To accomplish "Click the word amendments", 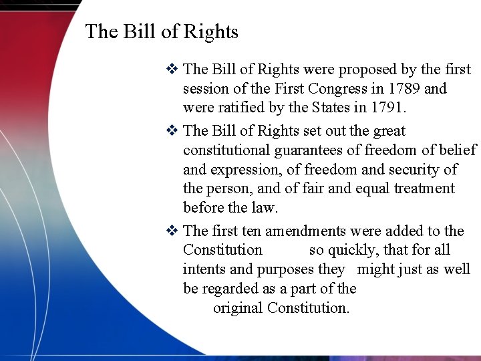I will pos(305,231).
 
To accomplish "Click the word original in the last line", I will pos(238,308).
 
